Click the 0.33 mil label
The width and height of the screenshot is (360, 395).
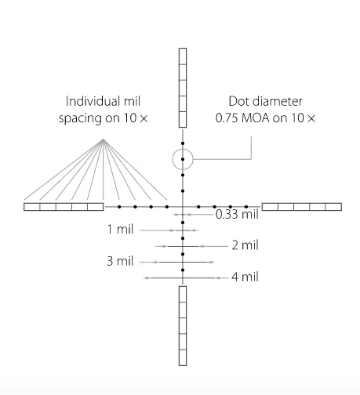[237, 214]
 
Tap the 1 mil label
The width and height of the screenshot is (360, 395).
[120, 229]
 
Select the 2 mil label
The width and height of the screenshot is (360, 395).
[245, 245]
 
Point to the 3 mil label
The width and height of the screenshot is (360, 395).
[120, 261]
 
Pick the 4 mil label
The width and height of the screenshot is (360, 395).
[245, 277]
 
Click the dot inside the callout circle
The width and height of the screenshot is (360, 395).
[183, 159]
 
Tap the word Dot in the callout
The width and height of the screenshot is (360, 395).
[238, 101]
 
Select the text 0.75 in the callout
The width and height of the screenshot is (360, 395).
[227, 118]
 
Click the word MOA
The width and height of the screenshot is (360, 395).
[256, 118]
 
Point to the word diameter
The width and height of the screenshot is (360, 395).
[276, 101]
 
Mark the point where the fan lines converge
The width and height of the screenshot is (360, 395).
[104, 140]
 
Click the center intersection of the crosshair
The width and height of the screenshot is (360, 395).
[183, 207]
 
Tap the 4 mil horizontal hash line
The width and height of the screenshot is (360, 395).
[183, 278]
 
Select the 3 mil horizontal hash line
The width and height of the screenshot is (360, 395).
[183, 262]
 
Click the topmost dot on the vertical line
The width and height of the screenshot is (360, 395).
[183, 143]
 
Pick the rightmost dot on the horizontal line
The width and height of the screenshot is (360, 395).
[246, 207]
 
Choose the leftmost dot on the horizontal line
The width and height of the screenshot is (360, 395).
[119, 207]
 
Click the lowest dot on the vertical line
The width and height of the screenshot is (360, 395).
[183, 270]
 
